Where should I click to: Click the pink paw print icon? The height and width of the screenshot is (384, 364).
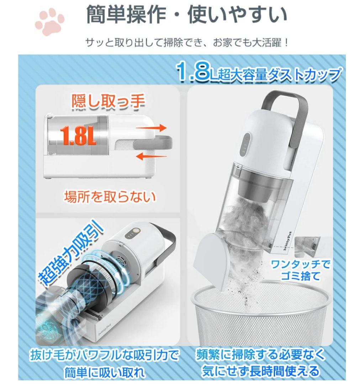[x=49, y=22]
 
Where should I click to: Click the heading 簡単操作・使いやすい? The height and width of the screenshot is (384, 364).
[x=186, y=15]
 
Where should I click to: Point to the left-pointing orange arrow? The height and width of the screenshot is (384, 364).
[x=151, y=156]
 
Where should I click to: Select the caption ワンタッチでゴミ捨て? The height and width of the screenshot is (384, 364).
[x=301, y=270]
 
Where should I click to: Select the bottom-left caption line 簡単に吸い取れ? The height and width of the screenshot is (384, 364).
[x=105, y=373]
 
